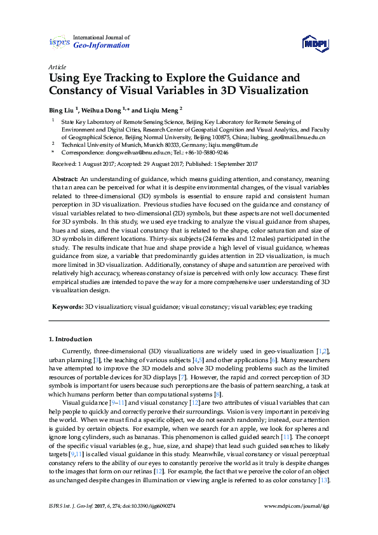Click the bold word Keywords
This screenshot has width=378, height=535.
67,307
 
